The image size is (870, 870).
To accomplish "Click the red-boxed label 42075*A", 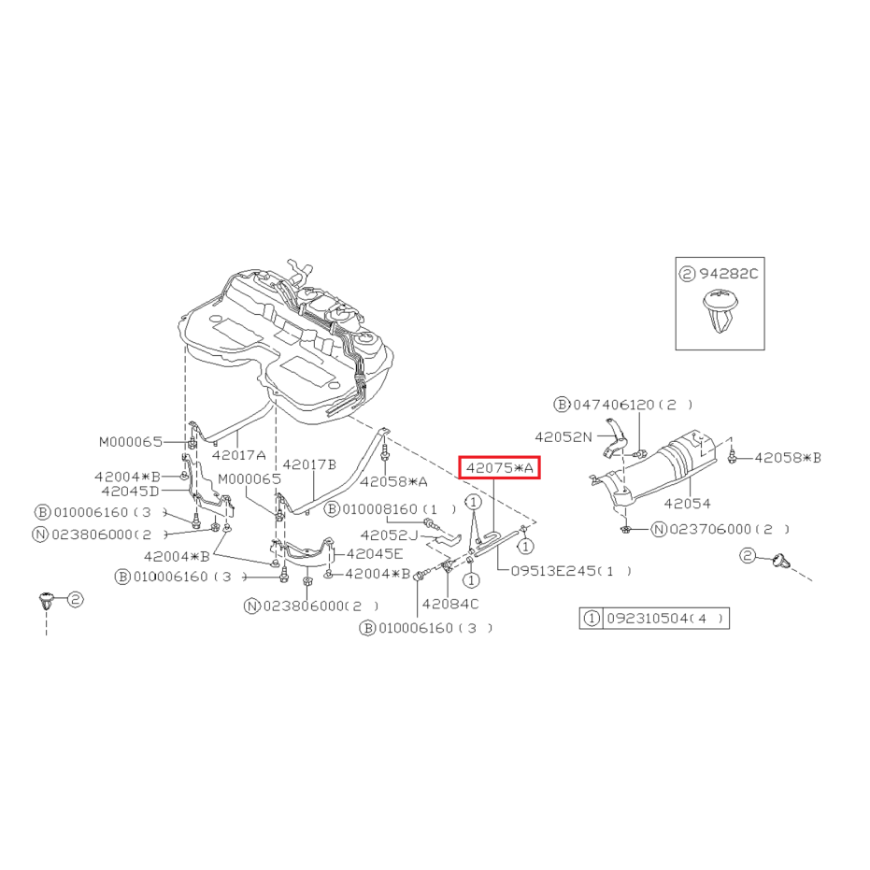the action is tap(499, 468).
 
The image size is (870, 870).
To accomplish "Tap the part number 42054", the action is tap(687, 504).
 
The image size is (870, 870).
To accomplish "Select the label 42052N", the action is tap(563, 437).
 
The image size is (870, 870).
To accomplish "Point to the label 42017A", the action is tap(238, 455).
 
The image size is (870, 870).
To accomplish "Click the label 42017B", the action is tap(309, 464).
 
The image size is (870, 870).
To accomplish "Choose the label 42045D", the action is tap(131, 491).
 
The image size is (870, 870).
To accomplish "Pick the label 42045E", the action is tap(375, 554).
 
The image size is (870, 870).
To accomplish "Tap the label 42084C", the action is tap(450, 604).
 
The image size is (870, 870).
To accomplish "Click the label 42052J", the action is tap(389, 535).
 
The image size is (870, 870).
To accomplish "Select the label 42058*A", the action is tap(394, 481).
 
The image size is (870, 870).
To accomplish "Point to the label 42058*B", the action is tap(788, 458).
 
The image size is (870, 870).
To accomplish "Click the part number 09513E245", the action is tap(553, 571).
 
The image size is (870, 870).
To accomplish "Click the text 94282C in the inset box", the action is tap(728, 274).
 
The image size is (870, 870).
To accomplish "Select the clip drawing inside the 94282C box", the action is tap(720, 310).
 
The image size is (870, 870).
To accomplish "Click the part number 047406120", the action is tap(614, 405).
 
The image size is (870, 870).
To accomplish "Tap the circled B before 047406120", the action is tap(562, 405).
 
